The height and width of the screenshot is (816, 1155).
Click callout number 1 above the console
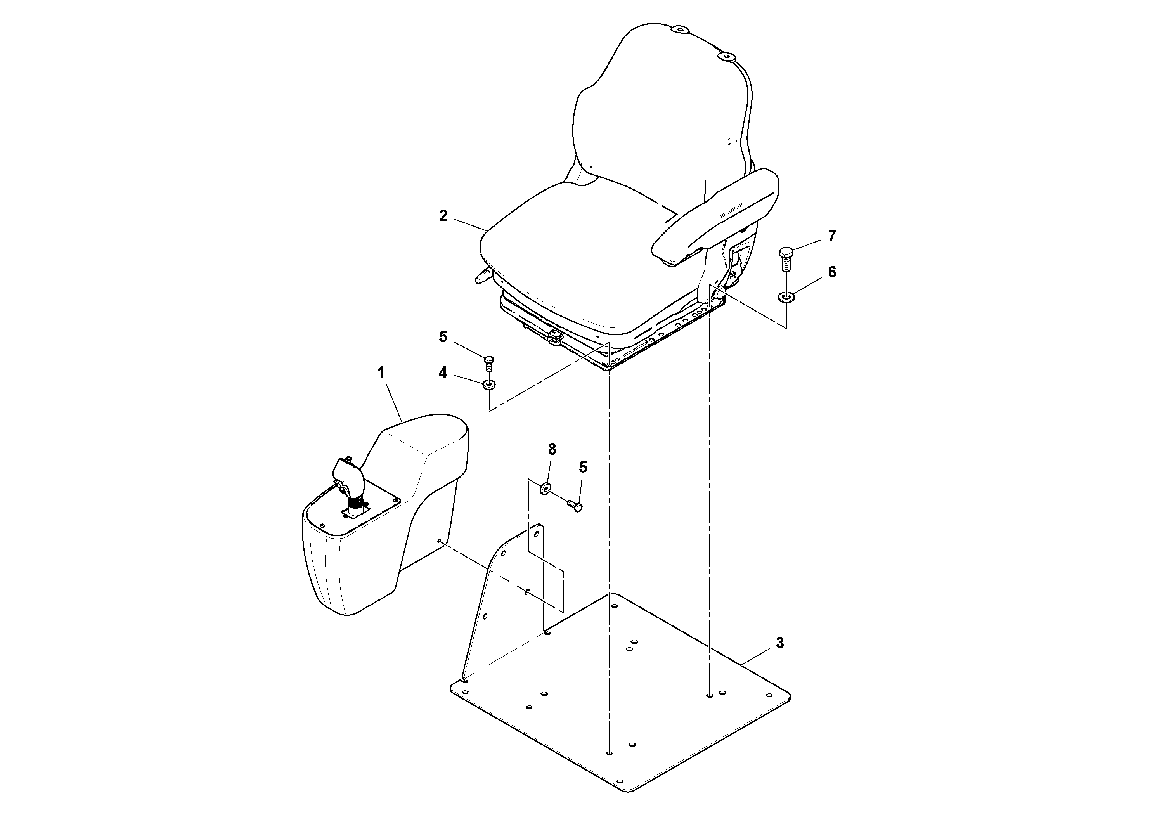[x=381, y=373]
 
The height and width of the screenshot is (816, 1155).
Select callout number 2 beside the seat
[x=443, y=216]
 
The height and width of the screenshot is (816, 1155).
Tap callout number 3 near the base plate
[x=780, y=643]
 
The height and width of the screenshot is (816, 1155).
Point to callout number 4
[x=443, y=373]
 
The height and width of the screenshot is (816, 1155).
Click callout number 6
[x=832, y=272]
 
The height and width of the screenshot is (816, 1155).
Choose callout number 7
[x=832, y=236]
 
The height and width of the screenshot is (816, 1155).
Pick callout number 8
[x=552, y=449]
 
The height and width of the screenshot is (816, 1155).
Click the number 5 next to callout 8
[x=583, y=467]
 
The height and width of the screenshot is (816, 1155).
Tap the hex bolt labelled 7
[x=786, y=258]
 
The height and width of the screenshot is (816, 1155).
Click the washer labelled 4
[x=489, y=385]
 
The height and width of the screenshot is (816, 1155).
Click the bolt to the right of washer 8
[x=575, y=505]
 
